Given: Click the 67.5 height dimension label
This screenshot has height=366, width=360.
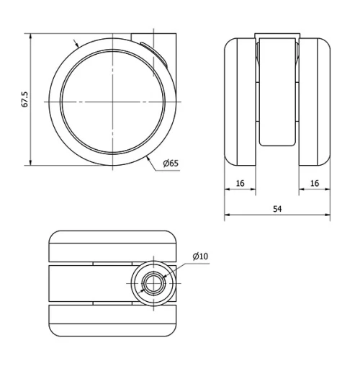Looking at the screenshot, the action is [25, 99].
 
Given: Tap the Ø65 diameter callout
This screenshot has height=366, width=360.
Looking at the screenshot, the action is [171, 164].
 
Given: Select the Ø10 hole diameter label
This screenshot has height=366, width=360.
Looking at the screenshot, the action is [200, 256].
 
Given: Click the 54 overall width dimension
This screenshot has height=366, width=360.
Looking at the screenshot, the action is [277, 209].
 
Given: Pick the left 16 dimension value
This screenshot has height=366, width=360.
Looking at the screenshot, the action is [240, 183].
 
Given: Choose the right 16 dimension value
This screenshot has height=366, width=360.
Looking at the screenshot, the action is [315, 183].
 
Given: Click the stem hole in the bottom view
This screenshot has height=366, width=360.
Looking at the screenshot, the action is [153, 284].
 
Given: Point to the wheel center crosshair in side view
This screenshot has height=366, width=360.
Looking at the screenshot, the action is [112, 102].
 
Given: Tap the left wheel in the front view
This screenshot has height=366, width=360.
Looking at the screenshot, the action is [240, 102].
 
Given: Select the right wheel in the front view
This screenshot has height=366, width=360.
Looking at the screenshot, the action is [315, 102].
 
